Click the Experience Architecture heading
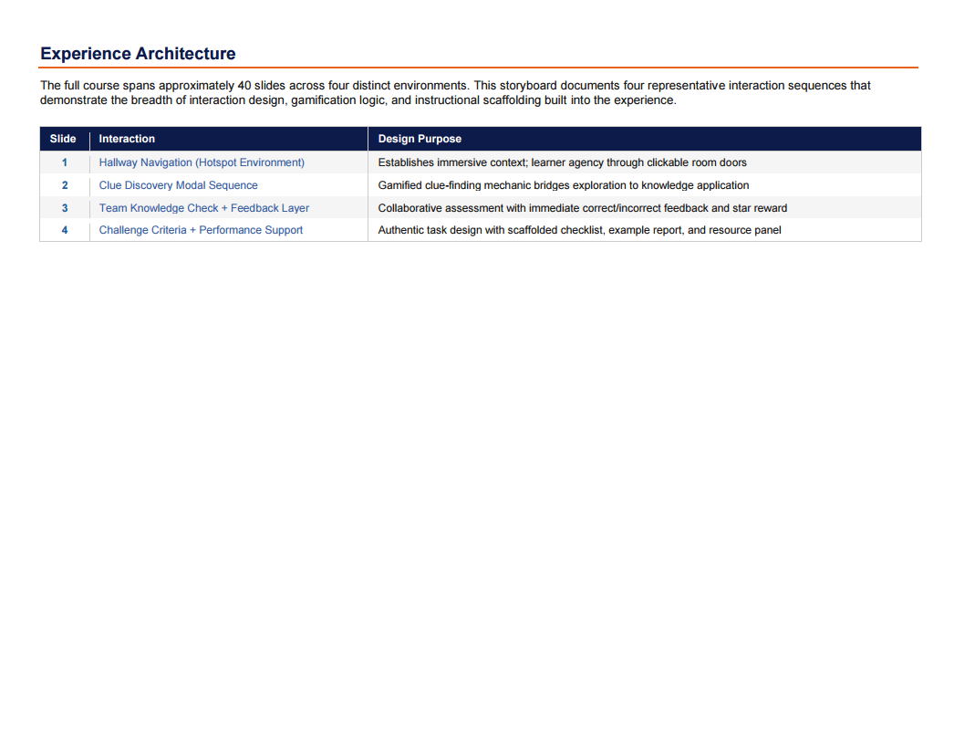point(138,54)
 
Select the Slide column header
point(63,139)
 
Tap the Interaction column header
point(127,139)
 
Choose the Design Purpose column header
point(420,139)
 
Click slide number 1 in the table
point(65,162)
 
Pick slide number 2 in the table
point(65,185)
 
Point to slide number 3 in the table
point(65,208)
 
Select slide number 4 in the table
point(65,230)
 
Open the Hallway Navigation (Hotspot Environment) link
point(202,162)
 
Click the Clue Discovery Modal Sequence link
point(178,185)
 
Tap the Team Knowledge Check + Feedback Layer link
point(204,208)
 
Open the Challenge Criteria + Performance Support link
point(201,230)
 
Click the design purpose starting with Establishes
point(562,162)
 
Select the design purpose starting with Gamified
point(563,185)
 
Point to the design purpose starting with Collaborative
point(582,208)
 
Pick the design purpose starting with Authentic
point(579,230)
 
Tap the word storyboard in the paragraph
point(531,86)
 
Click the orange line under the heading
point(479,68)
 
